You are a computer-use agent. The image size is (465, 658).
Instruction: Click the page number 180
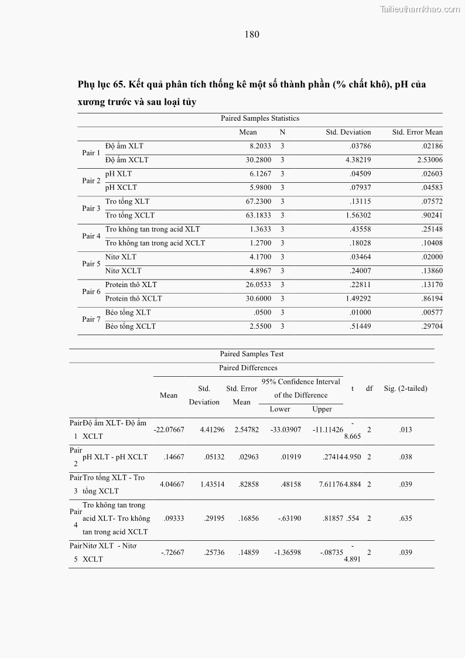252,34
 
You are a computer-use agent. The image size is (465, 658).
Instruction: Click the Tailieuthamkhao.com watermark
420,9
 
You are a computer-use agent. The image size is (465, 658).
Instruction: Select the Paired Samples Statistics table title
259,118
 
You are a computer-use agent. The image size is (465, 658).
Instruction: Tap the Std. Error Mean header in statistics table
417,132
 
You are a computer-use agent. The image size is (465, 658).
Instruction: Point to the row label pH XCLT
121,187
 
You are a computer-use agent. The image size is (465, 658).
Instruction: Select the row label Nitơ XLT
121,257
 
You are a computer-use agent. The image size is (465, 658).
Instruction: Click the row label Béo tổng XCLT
131,326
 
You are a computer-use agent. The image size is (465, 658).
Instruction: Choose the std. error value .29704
432,326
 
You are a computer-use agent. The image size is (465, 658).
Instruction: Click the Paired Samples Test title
252,354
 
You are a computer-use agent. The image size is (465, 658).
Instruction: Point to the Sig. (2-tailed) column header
405,388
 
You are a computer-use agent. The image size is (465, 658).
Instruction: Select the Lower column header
279,409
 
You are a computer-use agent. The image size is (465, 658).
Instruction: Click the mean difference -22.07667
169,429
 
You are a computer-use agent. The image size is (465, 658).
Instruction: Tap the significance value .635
405,519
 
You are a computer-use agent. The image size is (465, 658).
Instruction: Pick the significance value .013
405,429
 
